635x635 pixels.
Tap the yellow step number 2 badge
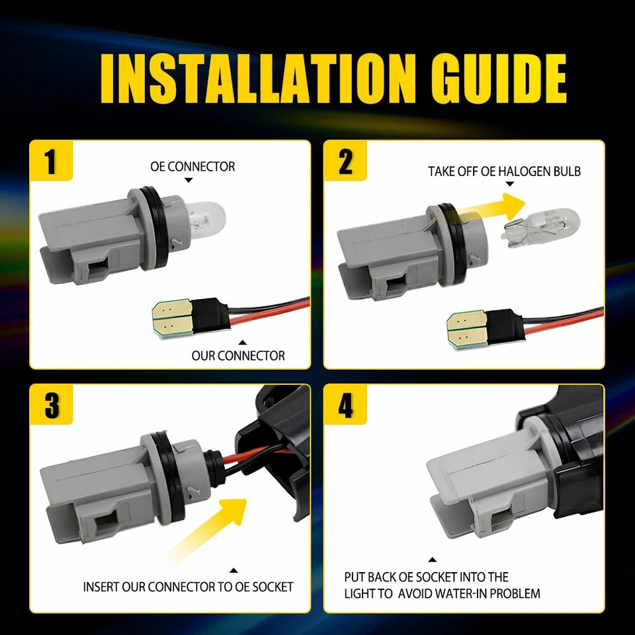(x=345, y=161)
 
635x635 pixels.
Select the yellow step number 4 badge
(x=345, y=405)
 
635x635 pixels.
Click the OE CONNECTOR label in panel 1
(x=192, y=166)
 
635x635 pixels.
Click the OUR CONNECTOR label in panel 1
(x=238, y=356)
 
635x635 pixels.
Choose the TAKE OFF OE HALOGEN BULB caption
(x=504, y=171)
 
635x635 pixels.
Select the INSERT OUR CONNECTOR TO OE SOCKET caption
(x=188, y=587)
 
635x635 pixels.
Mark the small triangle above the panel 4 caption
(x=432, y=560)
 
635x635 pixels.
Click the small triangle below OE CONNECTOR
(x=189, y=180)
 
